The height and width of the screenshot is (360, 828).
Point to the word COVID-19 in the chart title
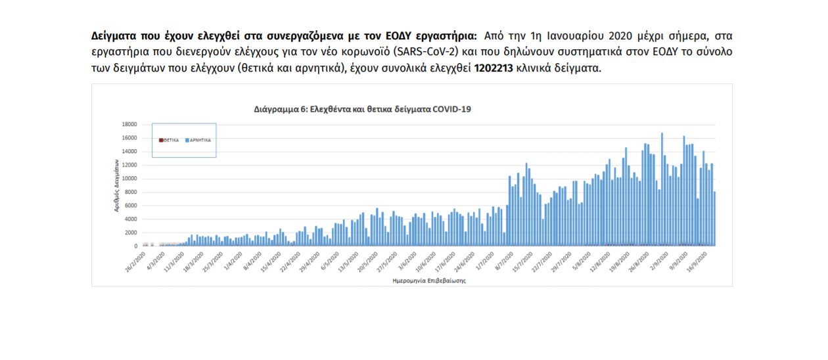(451, 109)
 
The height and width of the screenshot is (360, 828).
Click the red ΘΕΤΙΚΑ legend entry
(170, 140)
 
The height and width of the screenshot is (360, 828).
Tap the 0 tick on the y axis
(136, 246)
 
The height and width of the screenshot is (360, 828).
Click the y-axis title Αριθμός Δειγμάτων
(116, 188)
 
